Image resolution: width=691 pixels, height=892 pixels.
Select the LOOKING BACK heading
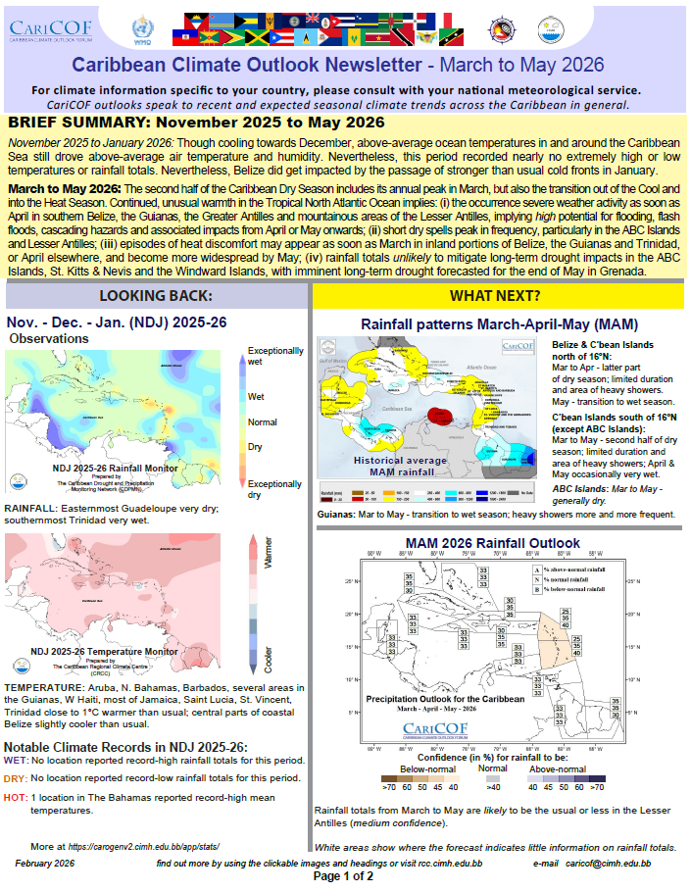156,296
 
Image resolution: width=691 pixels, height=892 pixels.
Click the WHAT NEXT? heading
496,296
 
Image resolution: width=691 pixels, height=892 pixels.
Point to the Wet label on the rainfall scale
257,397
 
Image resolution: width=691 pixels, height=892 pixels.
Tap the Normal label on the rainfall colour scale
263,423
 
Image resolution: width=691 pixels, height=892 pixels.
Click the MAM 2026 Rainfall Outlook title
498,543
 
